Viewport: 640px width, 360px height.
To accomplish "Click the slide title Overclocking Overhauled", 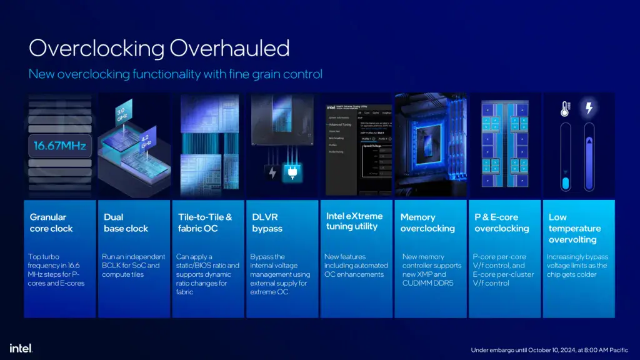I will (159, 48).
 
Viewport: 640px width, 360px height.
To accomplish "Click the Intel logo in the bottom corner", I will (21, 347).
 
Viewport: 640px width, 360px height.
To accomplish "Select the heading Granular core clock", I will (51, 222).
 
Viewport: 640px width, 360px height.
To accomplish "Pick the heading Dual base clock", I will (126, 222).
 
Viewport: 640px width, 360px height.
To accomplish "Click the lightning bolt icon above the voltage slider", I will (588, 109).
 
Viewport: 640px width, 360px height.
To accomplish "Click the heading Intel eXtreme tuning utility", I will (352, 221).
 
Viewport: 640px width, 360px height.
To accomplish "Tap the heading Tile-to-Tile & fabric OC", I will (205, 222).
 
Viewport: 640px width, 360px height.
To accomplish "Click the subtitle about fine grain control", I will (176, 74).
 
